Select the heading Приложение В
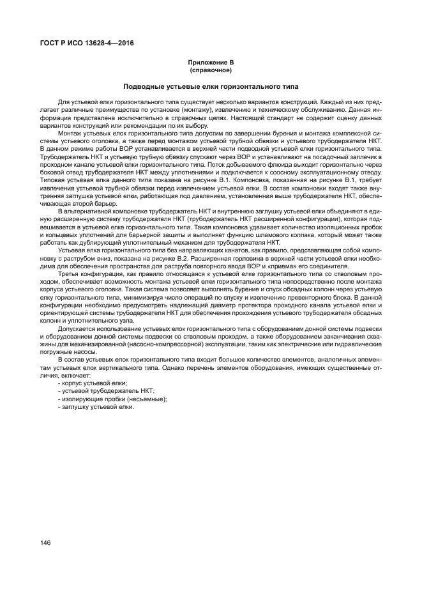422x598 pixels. tap(211, 61)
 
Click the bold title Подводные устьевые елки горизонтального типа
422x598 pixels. tap(211, 86)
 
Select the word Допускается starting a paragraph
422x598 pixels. tap(75, 328)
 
